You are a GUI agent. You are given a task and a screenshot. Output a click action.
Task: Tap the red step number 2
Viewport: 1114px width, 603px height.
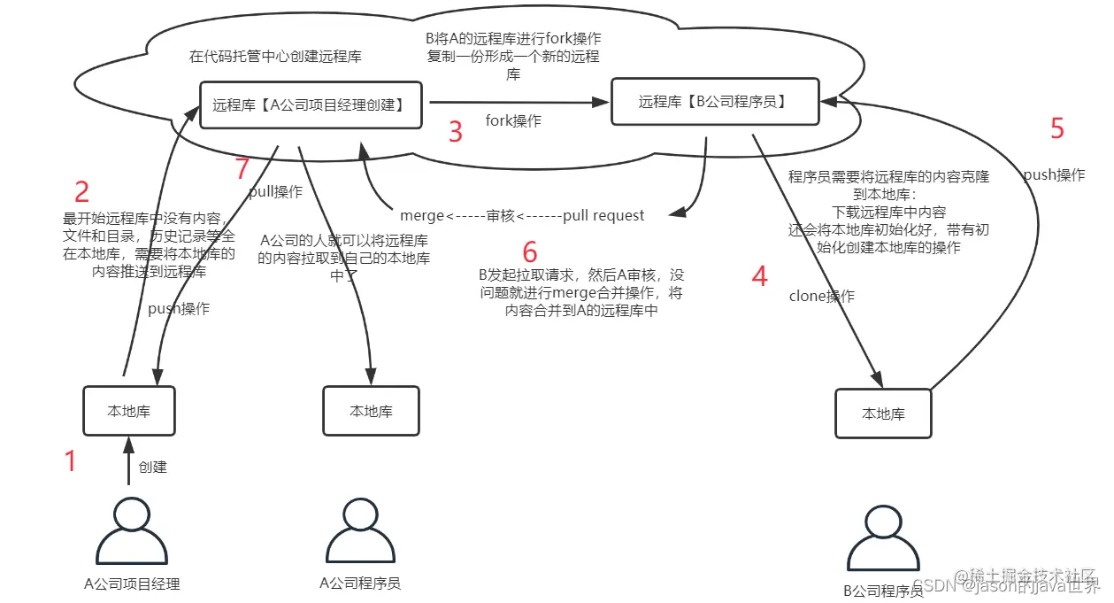pos(81,192)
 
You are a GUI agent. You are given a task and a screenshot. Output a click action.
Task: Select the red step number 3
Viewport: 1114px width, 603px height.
pos(456,132)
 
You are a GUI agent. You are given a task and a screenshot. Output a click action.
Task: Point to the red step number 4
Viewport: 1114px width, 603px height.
pos(759,276)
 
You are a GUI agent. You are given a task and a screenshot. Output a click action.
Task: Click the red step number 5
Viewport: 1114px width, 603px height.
pos(1056,129)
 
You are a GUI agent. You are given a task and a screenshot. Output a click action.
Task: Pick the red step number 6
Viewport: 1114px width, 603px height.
pos(530,251)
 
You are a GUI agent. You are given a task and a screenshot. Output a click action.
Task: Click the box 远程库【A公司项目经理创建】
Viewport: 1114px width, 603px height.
pos(311,104)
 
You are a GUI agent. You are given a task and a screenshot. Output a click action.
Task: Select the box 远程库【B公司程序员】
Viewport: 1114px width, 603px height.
pos(712,102)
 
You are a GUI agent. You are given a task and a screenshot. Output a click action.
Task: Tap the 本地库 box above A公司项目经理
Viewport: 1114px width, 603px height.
pos(129,411)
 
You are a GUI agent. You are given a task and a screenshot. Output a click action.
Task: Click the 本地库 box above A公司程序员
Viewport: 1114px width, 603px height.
pos(371,411)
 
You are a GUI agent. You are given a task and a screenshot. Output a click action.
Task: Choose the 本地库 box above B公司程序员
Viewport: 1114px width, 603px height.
pos(883,414)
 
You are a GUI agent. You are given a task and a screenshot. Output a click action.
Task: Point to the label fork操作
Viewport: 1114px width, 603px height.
pos(513,121)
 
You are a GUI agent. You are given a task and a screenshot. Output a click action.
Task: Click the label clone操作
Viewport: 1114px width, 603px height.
pos(821,297)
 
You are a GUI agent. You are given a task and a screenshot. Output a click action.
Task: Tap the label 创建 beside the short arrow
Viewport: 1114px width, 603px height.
pos(153,467)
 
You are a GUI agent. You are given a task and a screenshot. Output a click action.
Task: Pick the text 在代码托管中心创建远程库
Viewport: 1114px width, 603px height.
pos(275,57)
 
